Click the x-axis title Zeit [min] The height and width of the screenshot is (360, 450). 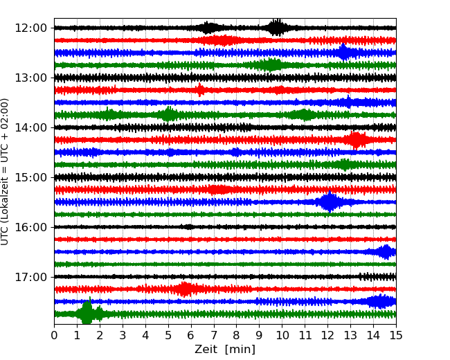tap(224, 350)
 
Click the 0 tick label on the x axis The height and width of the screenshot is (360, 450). tap(55, 336)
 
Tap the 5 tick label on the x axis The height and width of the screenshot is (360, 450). tap(168, 336)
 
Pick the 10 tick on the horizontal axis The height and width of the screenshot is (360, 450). tap(282, 336)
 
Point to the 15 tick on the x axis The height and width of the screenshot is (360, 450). tap(395, 336)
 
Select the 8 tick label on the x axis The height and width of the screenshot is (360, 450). tap(237, 336)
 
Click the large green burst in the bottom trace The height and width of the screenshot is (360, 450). tap(87, 314)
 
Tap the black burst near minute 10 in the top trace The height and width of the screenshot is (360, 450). tap(277, 28)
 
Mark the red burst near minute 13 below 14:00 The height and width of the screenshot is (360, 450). tap(356, 140)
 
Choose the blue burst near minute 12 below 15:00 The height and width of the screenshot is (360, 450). tap(329, 202)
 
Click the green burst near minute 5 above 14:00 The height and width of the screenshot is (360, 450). tap(168, 115)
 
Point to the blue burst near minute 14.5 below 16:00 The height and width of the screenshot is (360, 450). tap(385, 252)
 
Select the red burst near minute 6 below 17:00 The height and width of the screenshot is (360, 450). tap(184, 289)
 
